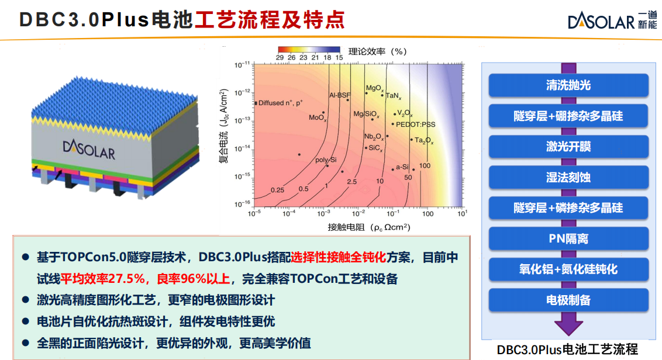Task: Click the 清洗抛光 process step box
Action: coord(568,85)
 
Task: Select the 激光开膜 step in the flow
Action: coord(568,147)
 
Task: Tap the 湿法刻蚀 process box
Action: coord(568,177)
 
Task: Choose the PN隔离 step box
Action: coord(568,238)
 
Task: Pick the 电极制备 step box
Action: coord(568,300)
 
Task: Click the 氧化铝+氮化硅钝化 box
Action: coord(568,269)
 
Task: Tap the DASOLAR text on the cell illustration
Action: coord(89,149)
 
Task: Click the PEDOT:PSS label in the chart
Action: coord(415,124)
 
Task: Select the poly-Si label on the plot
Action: coord(326,160)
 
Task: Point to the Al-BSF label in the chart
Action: coord(340,95)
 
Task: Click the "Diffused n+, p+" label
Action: coord(280,102)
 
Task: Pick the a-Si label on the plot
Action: coord(402,167)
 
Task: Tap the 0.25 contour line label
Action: coord(277,191)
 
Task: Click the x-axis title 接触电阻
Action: coord(346,227)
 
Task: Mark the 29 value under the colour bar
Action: coord(280,57)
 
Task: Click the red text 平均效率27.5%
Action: coord(102,279)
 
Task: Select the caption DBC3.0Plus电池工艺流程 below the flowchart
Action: coord(567,349)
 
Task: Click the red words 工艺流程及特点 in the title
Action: coord(270,20)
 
